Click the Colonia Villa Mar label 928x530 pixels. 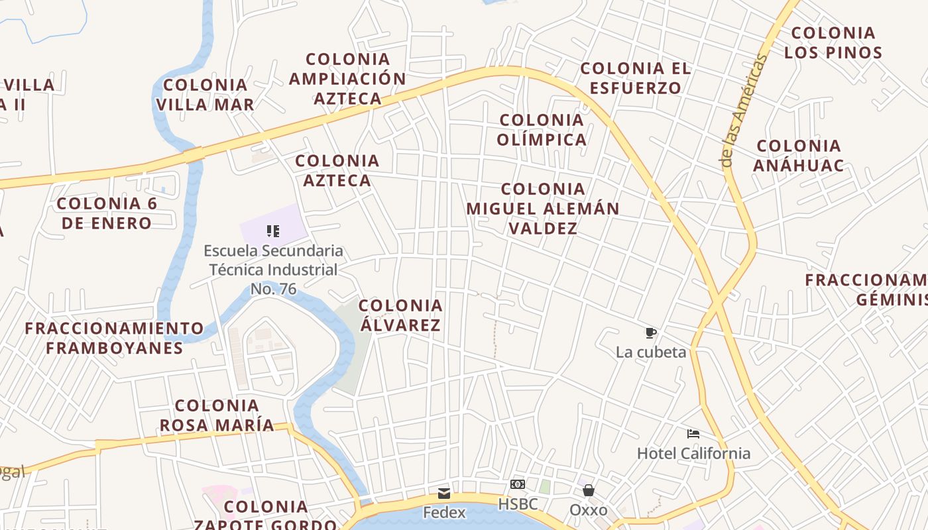(x=205, y=95)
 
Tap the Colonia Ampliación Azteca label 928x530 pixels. (x=347, y=79)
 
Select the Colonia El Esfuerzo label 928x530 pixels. (x=635, y=78)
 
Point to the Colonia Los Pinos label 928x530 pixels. (x=833, y=42)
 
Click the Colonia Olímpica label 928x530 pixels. (x=542, y=130)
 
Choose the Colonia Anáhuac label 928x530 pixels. (x=799, y=155)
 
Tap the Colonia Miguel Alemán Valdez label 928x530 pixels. (x=543, y=209)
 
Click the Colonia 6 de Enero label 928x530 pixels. (x=107, y=213)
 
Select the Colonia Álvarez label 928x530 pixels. (x=400, y=315)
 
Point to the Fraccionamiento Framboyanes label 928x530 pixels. (x=114, y=338)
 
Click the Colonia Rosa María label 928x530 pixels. (x=217, y=415)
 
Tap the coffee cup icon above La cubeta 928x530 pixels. (x=651, y=333)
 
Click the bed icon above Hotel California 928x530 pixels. (x=693, y=435)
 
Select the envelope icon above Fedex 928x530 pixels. (x=443, y=494)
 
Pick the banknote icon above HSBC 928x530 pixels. (x=518, y=484)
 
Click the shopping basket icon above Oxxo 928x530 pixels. (x=588, y=490)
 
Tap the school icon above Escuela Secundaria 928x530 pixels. (x=273, y=231)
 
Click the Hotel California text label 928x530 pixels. (x=693, y=454)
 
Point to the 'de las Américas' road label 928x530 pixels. (x=743, y=111)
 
